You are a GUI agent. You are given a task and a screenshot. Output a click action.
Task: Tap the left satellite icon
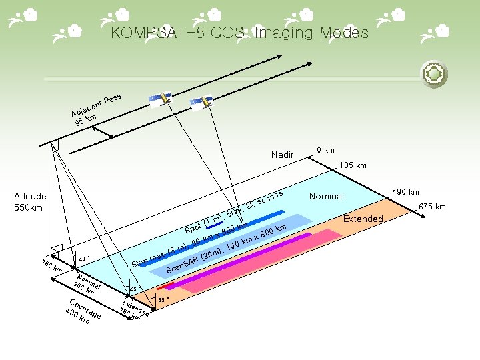[160, 99]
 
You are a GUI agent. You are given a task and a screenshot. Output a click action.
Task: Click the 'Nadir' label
[282, 155]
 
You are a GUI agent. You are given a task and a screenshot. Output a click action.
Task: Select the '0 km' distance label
[325, 150]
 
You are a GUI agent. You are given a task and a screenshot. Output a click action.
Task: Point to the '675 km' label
[433, 207]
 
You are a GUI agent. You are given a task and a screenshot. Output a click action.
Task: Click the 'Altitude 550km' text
[30, 201]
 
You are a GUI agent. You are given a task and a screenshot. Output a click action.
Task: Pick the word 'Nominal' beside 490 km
[326, 196]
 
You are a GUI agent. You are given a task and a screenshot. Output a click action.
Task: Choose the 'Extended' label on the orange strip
[363, 219]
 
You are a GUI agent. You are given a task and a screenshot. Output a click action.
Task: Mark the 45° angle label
[134, 289]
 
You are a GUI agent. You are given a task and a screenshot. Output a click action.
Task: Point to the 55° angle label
[161, 300]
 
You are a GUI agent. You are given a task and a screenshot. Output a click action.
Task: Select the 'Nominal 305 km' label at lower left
[87, 285]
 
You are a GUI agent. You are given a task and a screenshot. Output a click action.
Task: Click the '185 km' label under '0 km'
[353, 165]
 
